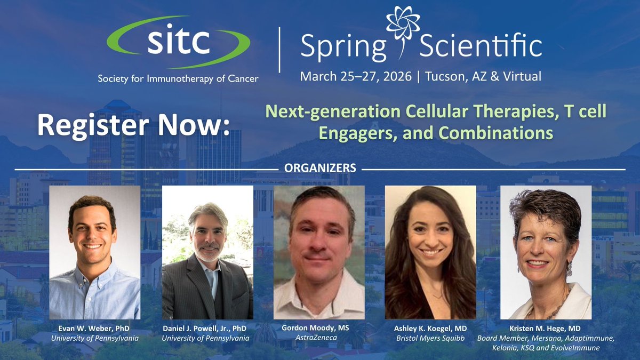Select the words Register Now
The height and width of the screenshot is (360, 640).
point(133,126)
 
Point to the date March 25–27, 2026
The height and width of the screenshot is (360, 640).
point(356,76)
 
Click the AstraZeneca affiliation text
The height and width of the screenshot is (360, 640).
point(319,338)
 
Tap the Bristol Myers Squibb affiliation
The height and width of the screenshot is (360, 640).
point(431,338)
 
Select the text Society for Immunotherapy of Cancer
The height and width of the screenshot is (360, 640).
point(178,78)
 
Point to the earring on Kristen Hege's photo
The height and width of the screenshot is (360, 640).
point(569,269)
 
